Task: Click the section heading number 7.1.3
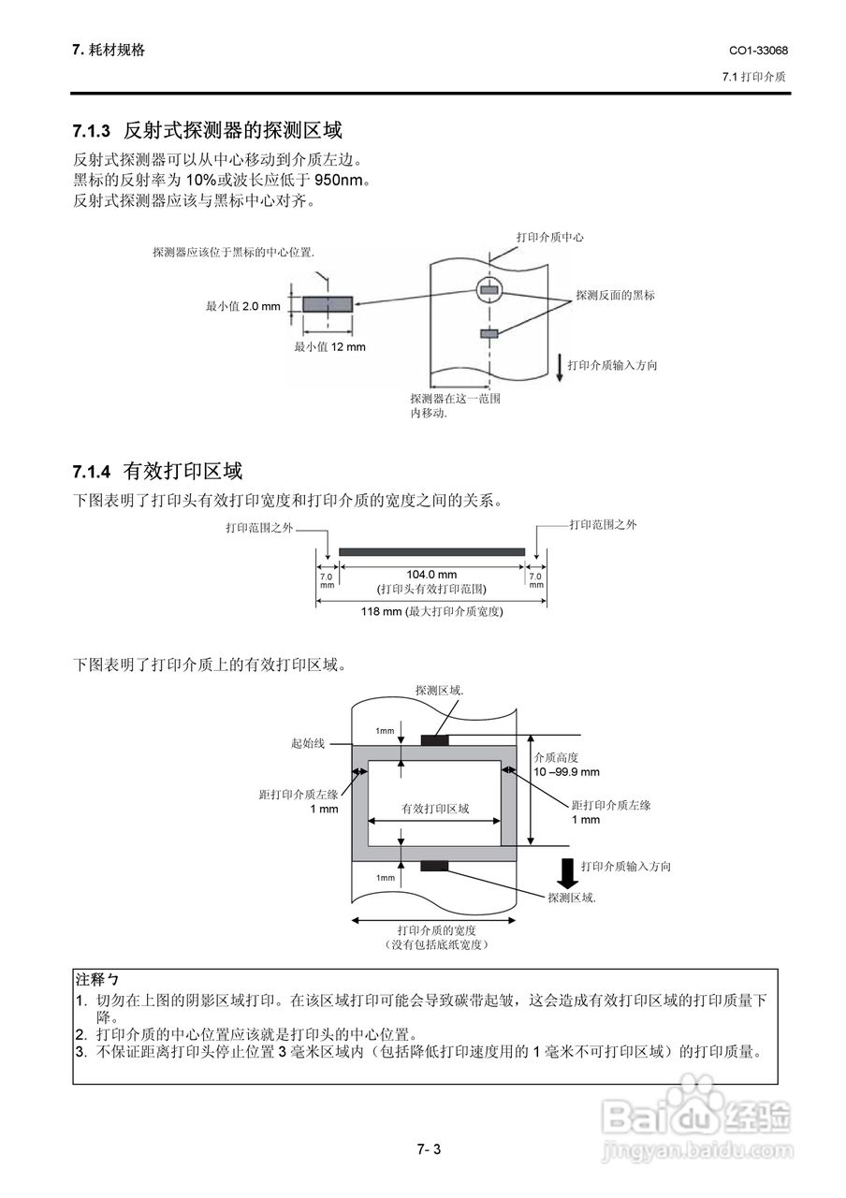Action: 92,130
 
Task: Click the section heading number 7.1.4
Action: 92,470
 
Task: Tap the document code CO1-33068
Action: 758,50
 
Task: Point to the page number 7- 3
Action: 429,1148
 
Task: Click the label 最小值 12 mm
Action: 329,347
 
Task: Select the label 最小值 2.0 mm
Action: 243,305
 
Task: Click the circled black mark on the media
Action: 489,291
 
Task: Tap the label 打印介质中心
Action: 550,238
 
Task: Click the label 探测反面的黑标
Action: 615,295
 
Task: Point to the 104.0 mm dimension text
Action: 431,575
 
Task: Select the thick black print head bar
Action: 431,552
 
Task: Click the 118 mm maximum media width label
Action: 431,612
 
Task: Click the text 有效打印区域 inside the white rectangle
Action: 435,809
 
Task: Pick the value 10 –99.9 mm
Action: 566,772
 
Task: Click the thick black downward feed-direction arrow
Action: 565,871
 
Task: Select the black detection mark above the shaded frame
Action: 434,740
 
